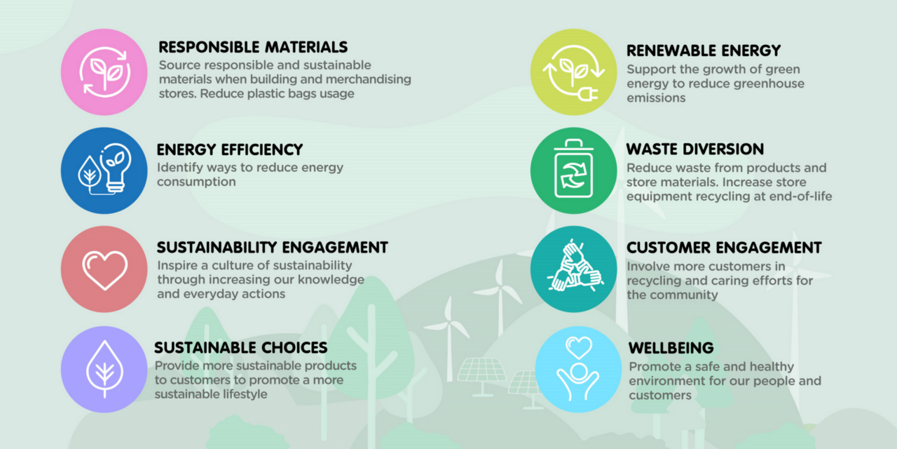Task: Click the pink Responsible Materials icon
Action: pyautogui.click(x=104, y=72)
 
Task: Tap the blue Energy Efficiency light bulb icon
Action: pyautogui.click(x=104, y=170)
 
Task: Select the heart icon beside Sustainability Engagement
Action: pyautogui.click(x=104, y=269)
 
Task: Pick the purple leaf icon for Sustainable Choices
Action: pyautogui.click(x=104, y=369)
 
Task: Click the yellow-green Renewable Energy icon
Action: pyautogui.click(x=573, y=72)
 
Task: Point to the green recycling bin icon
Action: pyautogui.click(x=573, y=170)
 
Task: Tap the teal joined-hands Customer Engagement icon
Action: pyautogui.click(x=573, y=269)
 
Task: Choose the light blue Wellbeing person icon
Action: pyautogui.click(x=578, y=369)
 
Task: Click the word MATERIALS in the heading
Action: pyautogui.click(x=306, y=47)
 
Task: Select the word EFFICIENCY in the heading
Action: pyautogui.click(x=262, y=150)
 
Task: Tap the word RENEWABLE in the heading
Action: pyautogui.click(x=671, y=51)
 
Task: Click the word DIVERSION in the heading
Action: pyautogui.click(x=723, y=149)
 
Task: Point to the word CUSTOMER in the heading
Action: pyautogui.click(x=669, y=248)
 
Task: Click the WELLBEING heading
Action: pyautogui.click(x=671, y=348)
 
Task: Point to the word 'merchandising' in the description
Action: pyautogui.click(x=369, y=79)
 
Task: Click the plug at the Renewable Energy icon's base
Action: pyautogui.click(x=588, y=95)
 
